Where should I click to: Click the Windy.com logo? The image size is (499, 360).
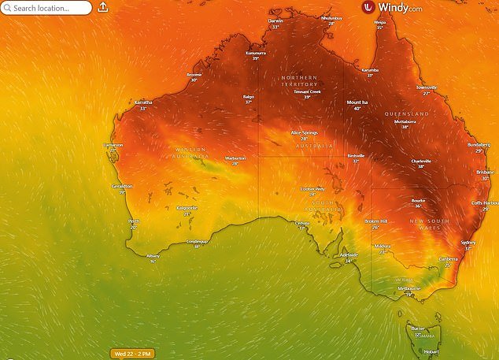pyautogui.click(x=394, y=8)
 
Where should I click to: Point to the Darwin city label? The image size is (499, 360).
pyautogui.click(x=275, y=21)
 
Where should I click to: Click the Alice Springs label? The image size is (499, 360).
pyautogui.click(x=304, y=133)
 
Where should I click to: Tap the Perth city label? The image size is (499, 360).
pyautogui.click(x=134, y=221)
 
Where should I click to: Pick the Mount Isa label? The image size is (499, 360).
pyautogui.click(x=360, y=102)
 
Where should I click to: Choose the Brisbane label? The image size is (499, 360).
pyautogui.click(x=485, y=172)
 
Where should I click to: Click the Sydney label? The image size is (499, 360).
pyautogui.click(x=468, y=243)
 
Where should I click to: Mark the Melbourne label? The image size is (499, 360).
pyautogui.click(x=408, y=289)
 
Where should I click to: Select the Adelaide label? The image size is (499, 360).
pyautogui.click(x=348, y=255)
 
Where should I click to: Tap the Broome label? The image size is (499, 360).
pyautogui.click(x=194, y=75)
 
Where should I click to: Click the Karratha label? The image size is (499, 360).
pyautogui.click(x=143, y=102)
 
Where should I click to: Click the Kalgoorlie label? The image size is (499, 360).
pyautogui.click(x=186, y=208)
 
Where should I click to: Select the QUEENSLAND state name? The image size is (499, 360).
pyautogui.click(x=407, y=114)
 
